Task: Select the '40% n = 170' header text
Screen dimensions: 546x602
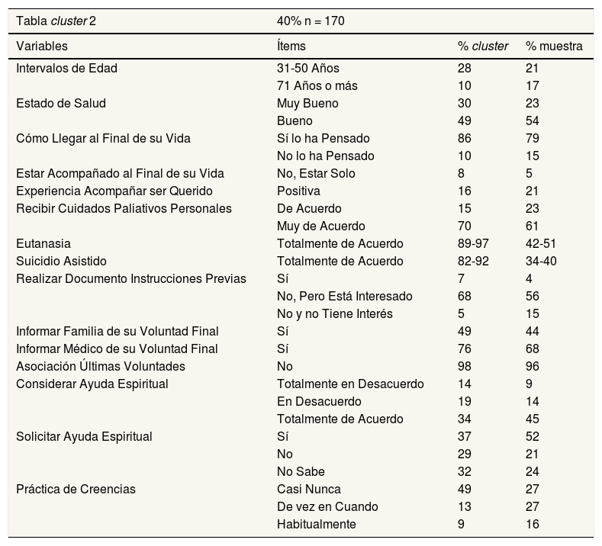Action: point(311,21)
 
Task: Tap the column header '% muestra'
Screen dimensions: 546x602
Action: point(554,46)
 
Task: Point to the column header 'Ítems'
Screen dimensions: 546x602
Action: point(291,46)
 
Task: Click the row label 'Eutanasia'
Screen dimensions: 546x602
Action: point(43,243)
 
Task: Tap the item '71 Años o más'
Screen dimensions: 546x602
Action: point(317,85)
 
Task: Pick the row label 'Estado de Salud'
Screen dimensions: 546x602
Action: point(60,103)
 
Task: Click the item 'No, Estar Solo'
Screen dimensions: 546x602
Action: point(316,173)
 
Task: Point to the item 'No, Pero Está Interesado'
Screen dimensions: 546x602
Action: point(344,296)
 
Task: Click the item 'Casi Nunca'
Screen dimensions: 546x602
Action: point(308,489)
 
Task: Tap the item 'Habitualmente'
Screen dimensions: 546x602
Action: point(316,524)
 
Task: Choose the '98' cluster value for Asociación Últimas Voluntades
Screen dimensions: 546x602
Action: point(464,366)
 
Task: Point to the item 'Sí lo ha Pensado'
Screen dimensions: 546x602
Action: point(323,138)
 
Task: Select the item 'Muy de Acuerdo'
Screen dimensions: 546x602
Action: point(320,226)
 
